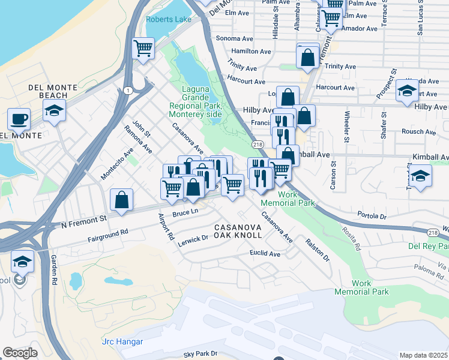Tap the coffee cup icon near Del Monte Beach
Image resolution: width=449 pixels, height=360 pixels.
(19, 118)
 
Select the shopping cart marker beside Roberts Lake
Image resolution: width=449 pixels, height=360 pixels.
(143, 48)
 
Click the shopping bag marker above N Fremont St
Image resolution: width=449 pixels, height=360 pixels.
(121, 200)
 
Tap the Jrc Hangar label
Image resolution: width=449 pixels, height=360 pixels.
(122, 341)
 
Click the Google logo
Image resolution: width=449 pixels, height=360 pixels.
(20, 353)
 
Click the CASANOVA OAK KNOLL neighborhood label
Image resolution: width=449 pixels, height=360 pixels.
(238, 231)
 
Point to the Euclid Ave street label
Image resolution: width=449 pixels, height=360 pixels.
(265, 254)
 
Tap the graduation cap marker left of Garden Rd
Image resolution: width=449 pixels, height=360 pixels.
(22, 261)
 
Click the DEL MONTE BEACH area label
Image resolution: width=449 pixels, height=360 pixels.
(52, 91)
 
